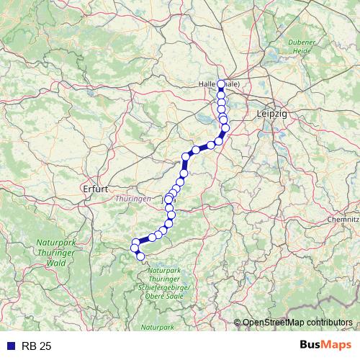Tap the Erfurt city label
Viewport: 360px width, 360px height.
click(95, 189)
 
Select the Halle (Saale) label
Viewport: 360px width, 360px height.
click(223, 84)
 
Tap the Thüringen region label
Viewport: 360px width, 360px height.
click(133, 198)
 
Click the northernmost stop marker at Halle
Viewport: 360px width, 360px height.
click(221, 84)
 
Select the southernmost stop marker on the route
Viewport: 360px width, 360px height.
click(140, 256)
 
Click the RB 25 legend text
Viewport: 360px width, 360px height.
click(37, 346)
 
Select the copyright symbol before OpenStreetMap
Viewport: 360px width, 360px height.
click(238, 323)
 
